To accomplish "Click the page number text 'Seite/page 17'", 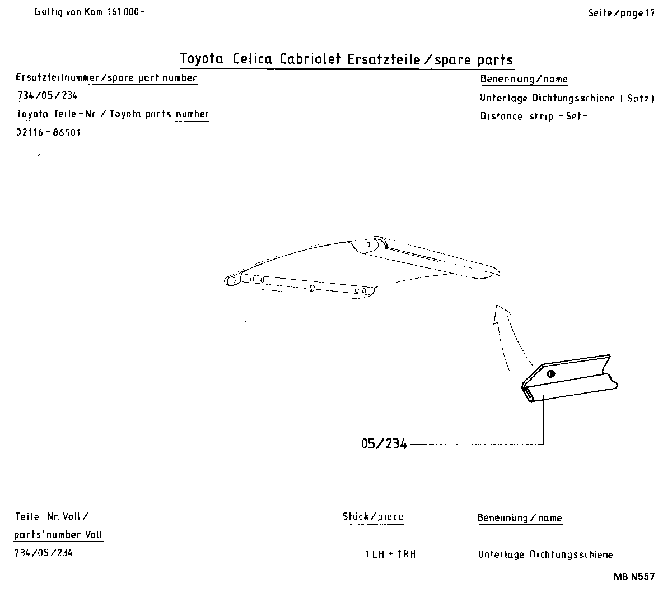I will [620, 13].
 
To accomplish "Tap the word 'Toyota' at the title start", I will [202, 59].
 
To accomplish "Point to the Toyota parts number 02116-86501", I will [49, 133].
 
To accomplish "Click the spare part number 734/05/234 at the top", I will [47, 96].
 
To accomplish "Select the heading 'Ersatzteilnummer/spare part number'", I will [106, 78].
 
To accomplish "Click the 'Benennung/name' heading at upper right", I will [524, 79].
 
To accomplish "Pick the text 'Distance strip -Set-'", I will [533, 117].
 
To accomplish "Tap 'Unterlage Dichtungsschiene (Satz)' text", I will [567, 98].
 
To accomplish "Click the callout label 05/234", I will [384, 444].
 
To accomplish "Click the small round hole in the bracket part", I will [551, 374].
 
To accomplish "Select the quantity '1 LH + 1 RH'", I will [390, 554].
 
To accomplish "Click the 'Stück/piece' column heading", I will [372, 516].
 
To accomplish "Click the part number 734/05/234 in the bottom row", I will [43, 553].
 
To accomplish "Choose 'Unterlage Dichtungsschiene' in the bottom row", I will [545, 554].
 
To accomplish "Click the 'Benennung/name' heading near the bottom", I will [519, 518].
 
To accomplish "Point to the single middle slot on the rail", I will [312, 288].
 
